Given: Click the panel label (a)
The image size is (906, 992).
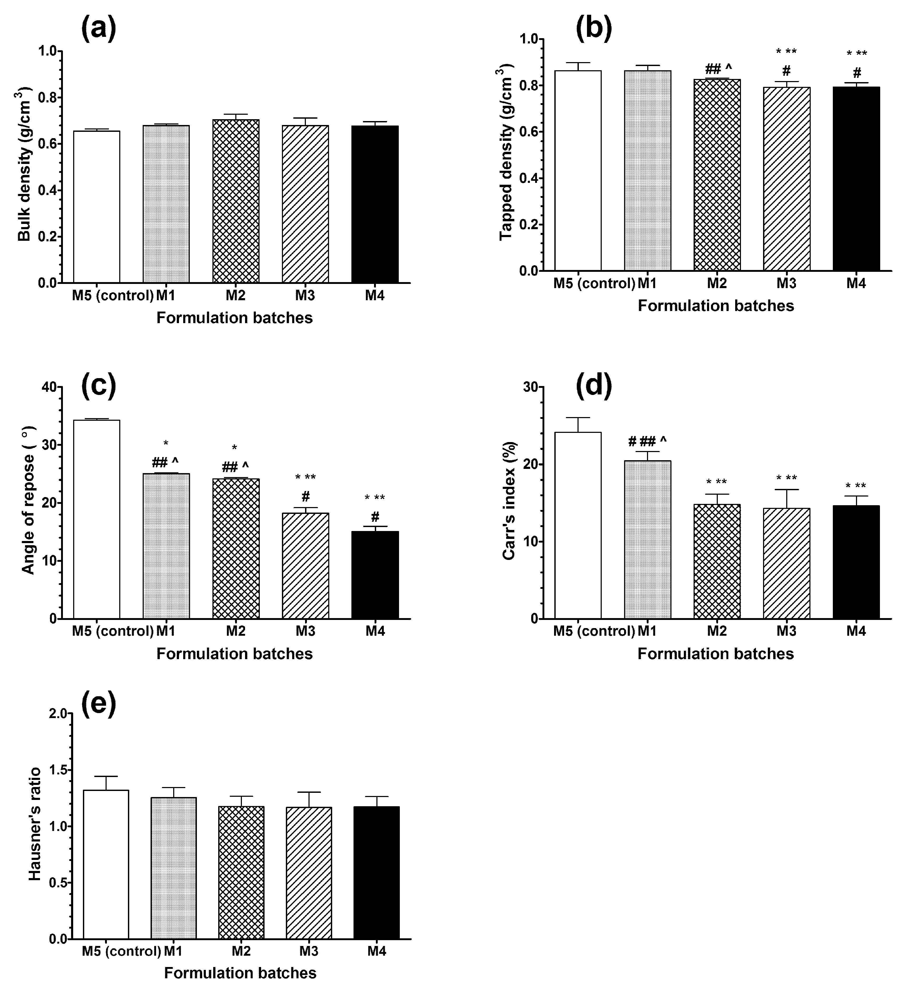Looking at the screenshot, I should pos(98,28).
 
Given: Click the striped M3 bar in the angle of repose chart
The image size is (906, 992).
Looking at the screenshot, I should pos(305,566).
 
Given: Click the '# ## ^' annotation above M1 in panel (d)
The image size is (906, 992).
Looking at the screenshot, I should pos(647,441).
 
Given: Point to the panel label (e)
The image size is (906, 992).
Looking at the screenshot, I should pos(98,704).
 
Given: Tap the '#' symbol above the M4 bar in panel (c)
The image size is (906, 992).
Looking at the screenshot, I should pos(375,517).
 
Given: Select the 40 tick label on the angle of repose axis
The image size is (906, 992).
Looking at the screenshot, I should pos(49,387).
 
